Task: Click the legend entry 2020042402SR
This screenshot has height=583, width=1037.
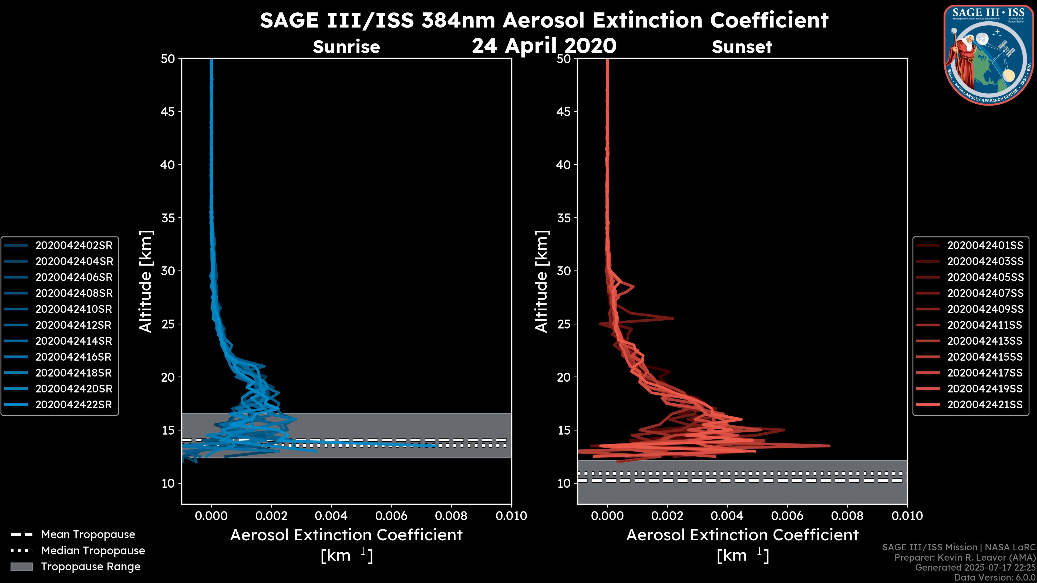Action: point(74,245)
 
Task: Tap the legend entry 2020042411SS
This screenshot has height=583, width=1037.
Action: point(985,325)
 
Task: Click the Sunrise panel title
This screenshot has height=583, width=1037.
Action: point(346,47)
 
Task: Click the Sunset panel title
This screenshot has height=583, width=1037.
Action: point(742,47)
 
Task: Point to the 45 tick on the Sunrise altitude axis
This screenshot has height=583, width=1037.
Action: point(168,112)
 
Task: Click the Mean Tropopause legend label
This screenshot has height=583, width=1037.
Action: point(88,535)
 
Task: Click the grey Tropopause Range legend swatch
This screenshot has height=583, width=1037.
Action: point(21,567)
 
